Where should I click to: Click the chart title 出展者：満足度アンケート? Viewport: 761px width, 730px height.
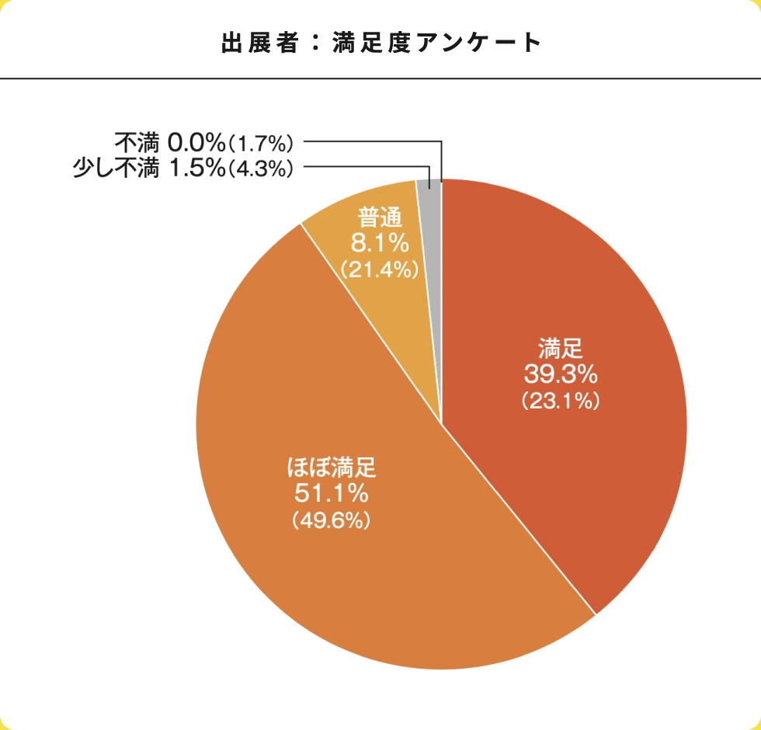click(x=380, y=42)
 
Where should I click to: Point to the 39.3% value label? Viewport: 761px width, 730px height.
click(x=561, y=374)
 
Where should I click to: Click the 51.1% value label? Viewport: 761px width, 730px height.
click(x=331, y=492)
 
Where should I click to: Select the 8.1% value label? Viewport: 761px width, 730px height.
click(x=380, y=243)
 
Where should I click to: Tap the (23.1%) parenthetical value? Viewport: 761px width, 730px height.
click(x=561, y=401)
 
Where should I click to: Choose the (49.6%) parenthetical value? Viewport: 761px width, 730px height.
click(x=331, y=520)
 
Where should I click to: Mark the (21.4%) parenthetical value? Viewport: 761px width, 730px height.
click(x=380, y=269)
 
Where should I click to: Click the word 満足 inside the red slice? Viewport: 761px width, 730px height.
click(x=561, y=346)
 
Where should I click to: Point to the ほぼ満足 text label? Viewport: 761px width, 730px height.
click(x=331, y=467)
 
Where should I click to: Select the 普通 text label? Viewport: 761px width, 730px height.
click(x=380, y=217)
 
